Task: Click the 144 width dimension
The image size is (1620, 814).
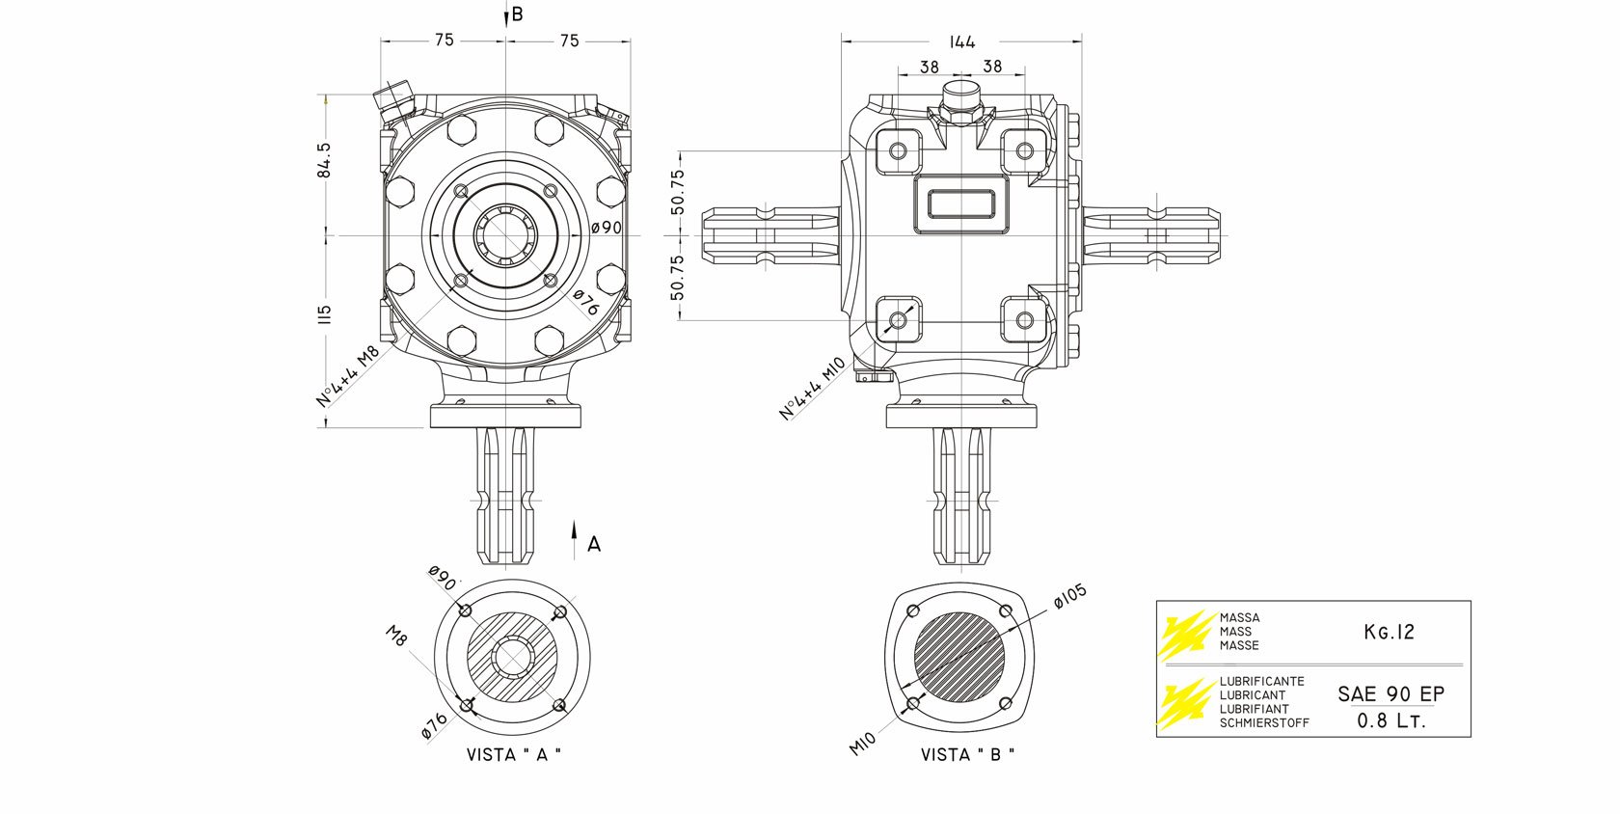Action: pos(961,41)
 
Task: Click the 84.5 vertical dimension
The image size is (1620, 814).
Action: pos(324,160)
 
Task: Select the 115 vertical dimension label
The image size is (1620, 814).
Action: pos(324,314)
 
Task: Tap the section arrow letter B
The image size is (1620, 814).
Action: pos(518,14)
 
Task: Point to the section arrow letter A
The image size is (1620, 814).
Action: pos(594,544)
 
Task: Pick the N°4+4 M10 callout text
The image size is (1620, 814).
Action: pos(812,389)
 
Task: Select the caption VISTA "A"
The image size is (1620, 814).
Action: pos(513,755)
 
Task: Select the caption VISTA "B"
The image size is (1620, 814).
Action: pos(968,755)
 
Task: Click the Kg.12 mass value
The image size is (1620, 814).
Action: pos(1389,632)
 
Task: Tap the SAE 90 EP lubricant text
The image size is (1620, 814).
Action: pos(1390,694)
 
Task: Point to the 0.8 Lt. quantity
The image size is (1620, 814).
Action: pos(1390,720)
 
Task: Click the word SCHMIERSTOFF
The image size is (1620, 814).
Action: pos(1264,722)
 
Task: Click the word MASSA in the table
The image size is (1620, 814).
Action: pos(1239,617)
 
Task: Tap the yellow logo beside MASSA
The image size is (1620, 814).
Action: pos(1185,633)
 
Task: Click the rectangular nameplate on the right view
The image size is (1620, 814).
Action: pos(961,204)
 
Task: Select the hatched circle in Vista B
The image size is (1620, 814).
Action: pos(959,659)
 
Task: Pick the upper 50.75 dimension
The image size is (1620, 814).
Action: pos(678,192)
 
